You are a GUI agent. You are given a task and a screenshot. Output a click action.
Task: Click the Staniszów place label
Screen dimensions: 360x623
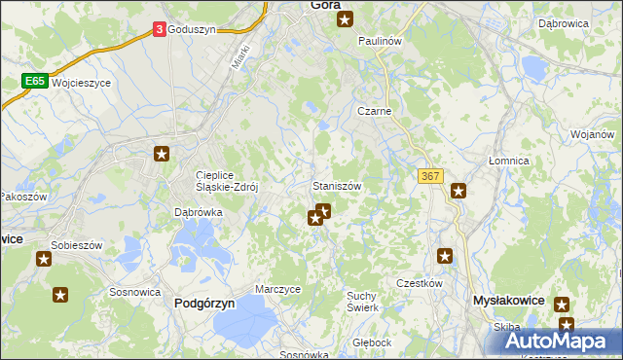pos(337,185)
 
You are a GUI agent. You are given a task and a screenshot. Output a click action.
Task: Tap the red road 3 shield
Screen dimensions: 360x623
pos(159,30)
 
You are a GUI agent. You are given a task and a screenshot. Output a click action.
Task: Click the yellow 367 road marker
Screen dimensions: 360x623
pos(430,175)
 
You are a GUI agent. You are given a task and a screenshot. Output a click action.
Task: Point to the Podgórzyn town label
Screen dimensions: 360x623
pos(204,303)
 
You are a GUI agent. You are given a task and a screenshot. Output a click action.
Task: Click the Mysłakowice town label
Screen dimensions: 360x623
pos(507,302)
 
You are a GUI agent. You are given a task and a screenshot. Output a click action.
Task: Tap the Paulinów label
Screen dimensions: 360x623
pos(380,42)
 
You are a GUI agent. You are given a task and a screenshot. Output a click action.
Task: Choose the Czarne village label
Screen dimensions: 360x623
pos(374,111)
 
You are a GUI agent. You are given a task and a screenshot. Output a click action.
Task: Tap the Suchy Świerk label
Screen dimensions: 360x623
pos(362,301)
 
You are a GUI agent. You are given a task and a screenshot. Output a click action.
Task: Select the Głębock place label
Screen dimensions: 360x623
pos(372,342)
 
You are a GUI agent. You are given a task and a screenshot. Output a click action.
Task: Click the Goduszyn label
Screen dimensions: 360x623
pos(192,30)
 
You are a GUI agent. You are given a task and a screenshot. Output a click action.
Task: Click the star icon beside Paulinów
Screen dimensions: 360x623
pos(345,18)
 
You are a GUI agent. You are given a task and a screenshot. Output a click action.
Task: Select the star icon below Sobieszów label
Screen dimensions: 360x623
pos(44,258)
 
